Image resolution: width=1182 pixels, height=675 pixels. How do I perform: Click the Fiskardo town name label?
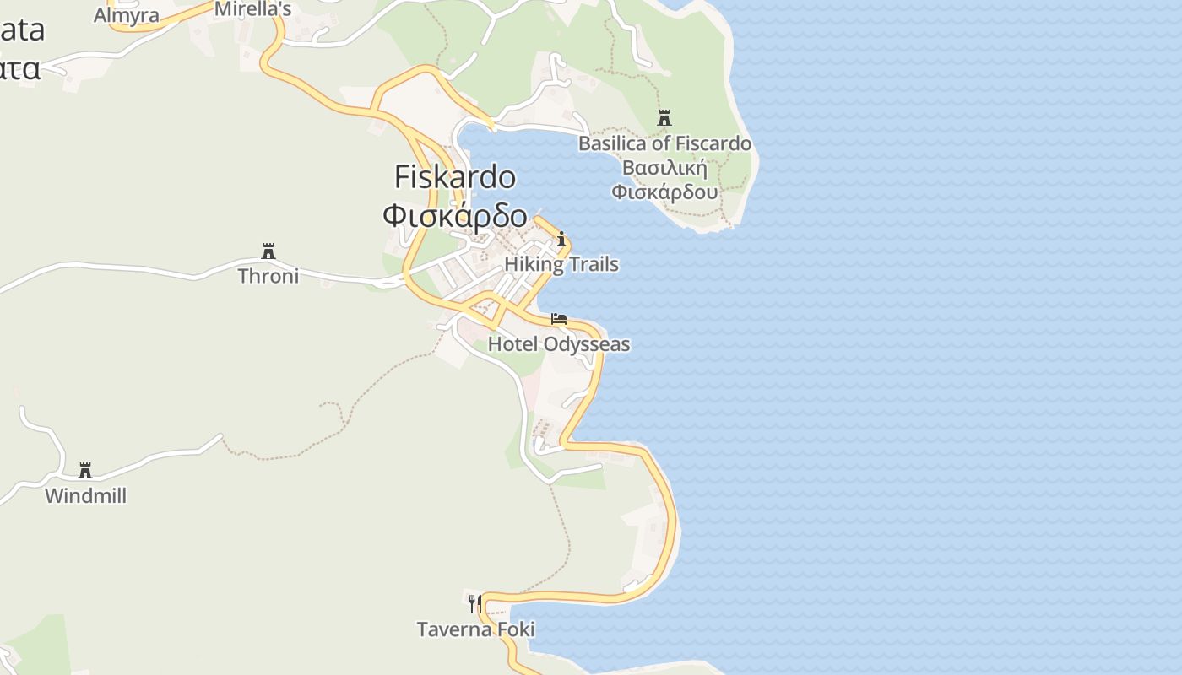point(455,177)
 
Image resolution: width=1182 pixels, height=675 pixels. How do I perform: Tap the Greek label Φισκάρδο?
point(455,216)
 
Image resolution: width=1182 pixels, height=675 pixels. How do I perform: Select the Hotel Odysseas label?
point(559,344)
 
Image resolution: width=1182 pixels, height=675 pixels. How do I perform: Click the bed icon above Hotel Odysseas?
point(559,319)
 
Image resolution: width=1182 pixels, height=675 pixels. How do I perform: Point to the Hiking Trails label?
point(561,264)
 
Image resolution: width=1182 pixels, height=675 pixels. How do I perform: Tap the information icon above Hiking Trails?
point(561,240)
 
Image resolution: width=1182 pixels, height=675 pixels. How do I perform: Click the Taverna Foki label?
point(475,629)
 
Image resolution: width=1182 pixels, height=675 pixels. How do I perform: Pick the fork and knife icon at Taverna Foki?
point(475,604)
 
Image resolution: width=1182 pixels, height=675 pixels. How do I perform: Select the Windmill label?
point(85,496)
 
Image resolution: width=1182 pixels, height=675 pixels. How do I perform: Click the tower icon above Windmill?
point(85,470)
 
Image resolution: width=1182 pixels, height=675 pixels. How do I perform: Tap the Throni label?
point(268,276)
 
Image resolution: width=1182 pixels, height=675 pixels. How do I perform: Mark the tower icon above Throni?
point(268,251)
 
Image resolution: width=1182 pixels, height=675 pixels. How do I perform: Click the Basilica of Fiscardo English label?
point(664,143)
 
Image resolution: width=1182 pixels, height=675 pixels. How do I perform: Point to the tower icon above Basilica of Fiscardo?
point(664,118)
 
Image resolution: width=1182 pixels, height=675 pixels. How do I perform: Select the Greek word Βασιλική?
point(664,167)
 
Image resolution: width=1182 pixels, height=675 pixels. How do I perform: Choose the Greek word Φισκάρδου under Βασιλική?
point(664,192)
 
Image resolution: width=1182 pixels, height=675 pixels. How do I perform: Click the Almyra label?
point(127,15)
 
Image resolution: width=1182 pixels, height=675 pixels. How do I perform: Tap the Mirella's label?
point(253,9)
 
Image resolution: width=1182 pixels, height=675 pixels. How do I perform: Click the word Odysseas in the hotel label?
point(587,344)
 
